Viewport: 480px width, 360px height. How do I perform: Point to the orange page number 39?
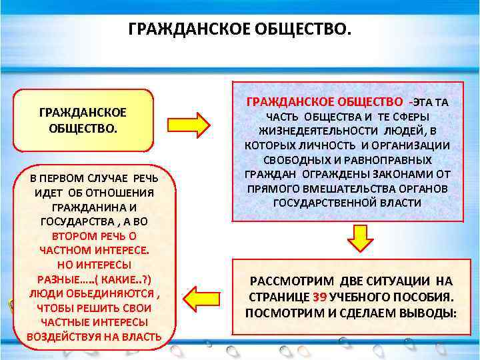tap(319, 297)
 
